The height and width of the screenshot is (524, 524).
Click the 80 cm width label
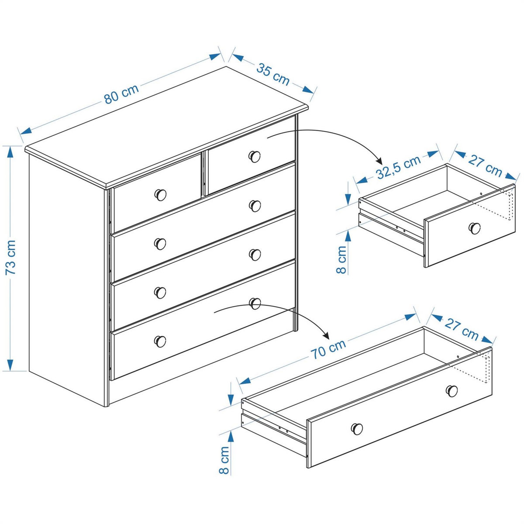coord(121,94)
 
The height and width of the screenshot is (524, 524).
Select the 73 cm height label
coord(11,258)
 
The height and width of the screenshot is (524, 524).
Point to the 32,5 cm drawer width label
coord(398,167)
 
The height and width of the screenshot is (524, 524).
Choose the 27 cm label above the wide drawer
coord(462,328)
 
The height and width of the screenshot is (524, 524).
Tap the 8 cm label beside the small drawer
coord(342,259)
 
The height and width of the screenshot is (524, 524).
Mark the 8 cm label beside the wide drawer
coord(224,460)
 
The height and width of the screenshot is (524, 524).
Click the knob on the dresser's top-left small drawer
coord(161,195)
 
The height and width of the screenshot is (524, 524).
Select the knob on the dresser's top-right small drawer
coord(255,155)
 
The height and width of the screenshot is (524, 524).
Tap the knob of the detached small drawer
coord(475,228)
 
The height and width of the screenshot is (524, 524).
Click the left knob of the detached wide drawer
coord(357,429)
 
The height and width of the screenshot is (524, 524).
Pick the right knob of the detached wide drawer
coord(452,391)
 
